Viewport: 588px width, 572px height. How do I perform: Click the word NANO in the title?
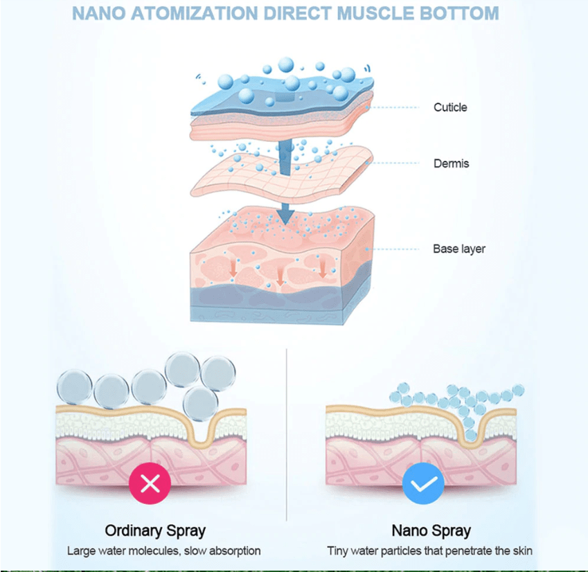click(x=99, y=13)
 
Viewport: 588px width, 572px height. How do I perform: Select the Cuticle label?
click(x=450, y=107)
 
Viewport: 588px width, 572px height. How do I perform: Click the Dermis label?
click(x=451, y=163)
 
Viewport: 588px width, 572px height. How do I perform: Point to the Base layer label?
click(x=459, y=249)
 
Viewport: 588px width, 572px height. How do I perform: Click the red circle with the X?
click(x=150, y=483)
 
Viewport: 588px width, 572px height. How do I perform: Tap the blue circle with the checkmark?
click(x=423, y=483)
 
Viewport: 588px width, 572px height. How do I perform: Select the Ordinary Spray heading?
click(x=155, y=530)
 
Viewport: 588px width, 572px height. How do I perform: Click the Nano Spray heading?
click(x=431, y=530)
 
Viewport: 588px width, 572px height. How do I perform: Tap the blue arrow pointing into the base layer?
click(x=285, y=215)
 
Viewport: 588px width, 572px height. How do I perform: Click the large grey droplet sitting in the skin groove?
click(x=201, y=404)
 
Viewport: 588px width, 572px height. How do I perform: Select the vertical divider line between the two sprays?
click(x=287, y=435)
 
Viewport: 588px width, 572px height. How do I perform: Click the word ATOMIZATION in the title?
click(x=194, y=13)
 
